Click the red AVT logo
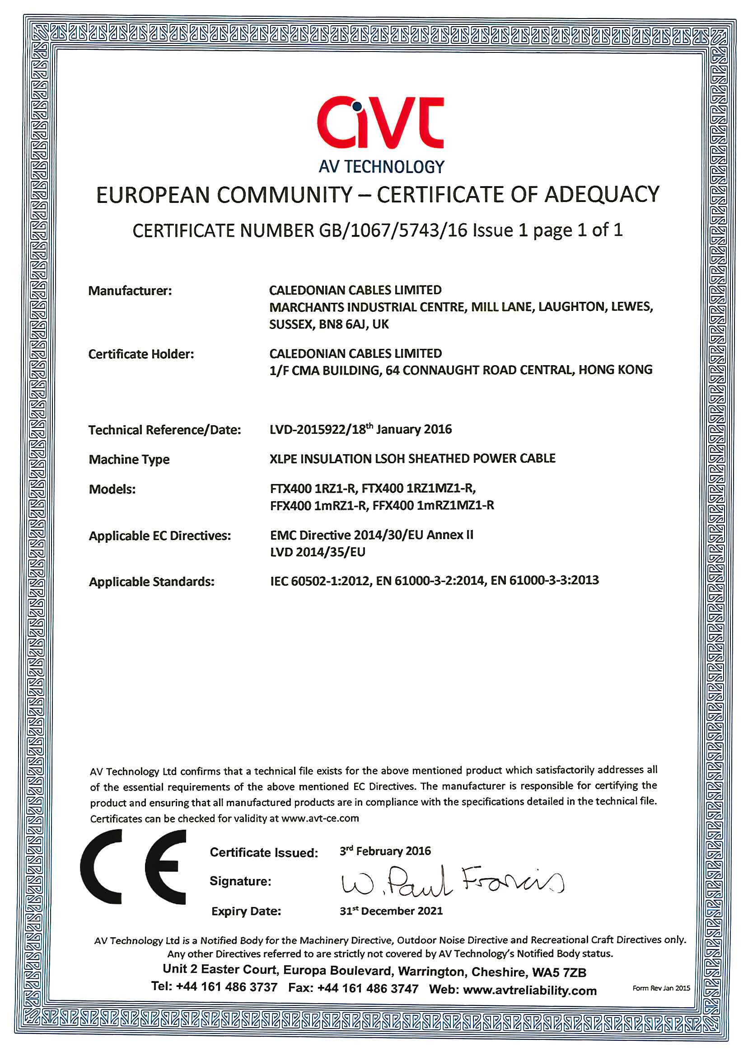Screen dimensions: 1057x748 [x=380, y=122]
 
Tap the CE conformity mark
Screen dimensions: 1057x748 [x=133, y=867]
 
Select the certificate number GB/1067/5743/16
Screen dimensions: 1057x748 [x=393, y=230]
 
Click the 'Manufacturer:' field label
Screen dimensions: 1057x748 [x=130, y=291]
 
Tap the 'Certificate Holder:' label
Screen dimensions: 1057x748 [x=141, y=354]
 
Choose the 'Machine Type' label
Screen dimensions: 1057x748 [x=129, y=460]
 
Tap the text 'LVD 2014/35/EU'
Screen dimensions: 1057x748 [x=318, y=552]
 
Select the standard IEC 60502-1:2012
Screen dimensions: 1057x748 [x=321, y=581]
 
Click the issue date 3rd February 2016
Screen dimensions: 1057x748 [x=385, y=851]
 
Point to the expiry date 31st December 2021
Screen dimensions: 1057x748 [x=391, y=911]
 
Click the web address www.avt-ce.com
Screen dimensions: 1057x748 [x=320, y=818]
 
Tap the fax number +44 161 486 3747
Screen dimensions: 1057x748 [x=368, y=988]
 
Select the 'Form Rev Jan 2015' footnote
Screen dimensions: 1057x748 [x=661, y=988]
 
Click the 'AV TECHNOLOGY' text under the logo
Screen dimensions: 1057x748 [x=381, y=167]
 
